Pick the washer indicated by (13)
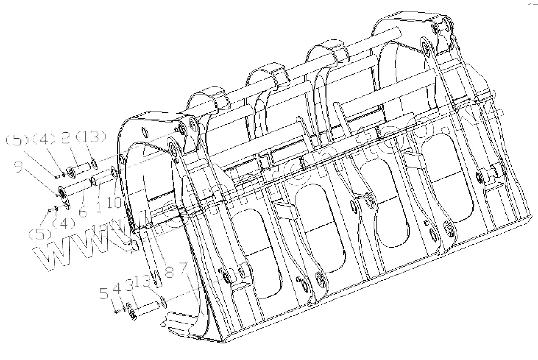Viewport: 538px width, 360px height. (93, 165)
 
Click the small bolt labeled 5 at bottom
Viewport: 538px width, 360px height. (116, 311)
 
